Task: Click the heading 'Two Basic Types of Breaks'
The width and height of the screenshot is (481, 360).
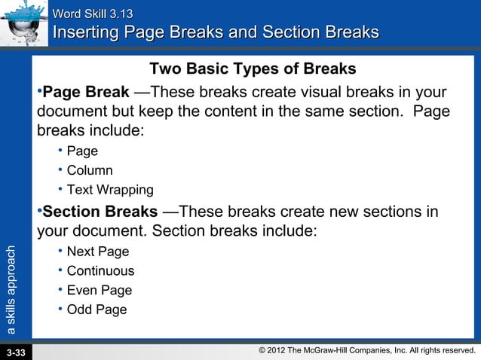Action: (253, 69)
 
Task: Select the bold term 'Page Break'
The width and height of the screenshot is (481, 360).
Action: (85, 93)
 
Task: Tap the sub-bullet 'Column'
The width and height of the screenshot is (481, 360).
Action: (90, 170)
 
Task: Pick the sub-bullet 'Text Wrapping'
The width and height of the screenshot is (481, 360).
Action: (110, 190)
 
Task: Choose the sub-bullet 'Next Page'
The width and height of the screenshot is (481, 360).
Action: (98, 252)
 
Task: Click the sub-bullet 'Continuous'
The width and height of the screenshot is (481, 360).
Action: (100, 270)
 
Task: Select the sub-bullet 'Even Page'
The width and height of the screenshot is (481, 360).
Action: (99, 290)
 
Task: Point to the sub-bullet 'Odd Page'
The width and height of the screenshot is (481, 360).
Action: (97, 310)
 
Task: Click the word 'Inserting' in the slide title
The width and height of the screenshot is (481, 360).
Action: (86, 33)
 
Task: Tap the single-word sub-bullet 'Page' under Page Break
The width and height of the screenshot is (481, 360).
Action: (82, 151)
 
